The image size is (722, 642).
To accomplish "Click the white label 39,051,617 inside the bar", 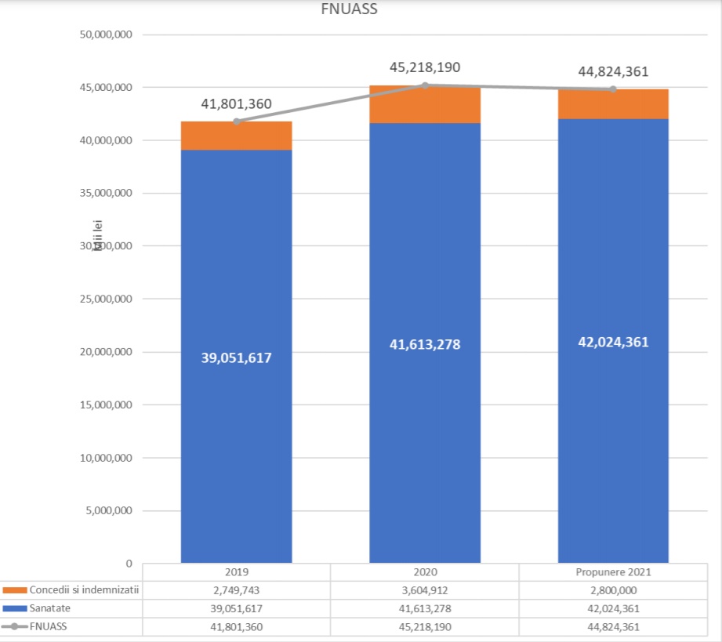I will [236, 358].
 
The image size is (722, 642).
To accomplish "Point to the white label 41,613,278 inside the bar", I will [425, 344].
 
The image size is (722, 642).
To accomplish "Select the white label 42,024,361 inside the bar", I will [613, 342].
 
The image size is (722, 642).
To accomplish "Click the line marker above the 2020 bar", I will [425, 85].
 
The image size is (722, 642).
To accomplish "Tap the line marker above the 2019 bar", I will [236, 122].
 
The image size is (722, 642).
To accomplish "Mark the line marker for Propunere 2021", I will [613, 89].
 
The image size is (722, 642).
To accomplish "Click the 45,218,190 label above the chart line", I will [425, 67].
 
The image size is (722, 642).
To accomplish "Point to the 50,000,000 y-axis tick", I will [106, 34].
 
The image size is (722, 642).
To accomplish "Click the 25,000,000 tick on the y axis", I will [106, 299].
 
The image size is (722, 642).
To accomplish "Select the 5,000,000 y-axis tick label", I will [109, 511].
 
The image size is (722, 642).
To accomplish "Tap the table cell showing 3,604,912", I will [425, 589].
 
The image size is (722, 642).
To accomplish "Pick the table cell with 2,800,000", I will [613, 589].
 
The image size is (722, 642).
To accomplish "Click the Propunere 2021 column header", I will [613, 572].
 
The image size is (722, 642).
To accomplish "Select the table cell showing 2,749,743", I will [236, 589].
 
